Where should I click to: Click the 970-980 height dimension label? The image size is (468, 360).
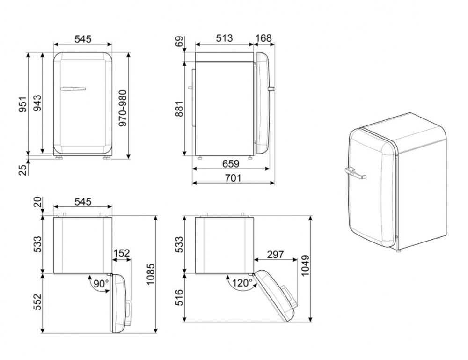coord(123,108)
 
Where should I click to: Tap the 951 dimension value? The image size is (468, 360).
coord(22,104)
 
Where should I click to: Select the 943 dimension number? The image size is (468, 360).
coord(37,103)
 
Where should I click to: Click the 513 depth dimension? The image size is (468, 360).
coord(224,38)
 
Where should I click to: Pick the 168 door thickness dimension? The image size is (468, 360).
coord(264,38)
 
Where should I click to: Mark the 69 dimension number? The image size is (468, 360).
coord(180,42)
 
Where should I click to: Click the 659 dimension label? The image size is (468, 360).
coord(231,163)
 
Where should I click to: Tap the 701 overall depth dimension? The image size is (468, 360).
coord(233,178)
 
